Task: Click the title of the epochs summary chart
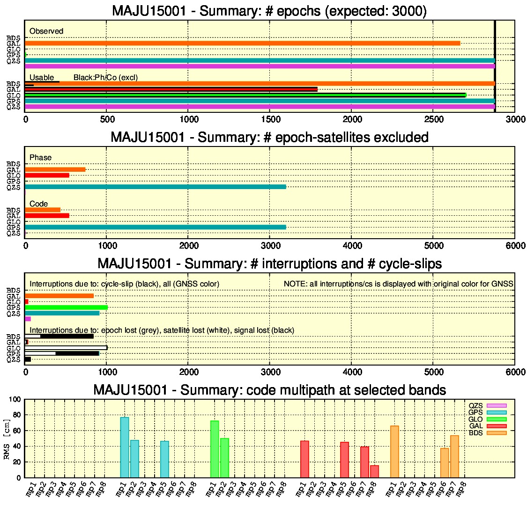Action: [x=269, y=11]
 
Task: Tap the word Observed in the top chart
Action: [x=46, y=31]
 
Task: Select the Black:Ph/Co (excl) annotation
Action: [x=105, y=78]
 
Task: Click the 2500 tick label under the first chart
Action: [x=434, y=119]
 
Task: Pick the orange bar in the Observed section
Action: [x=242, y=44]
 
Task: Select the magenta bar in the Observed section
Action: [x=260, y=66]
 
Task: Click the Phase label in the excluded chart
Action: [x=40, y=157]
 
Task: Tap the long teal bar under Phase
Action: [x=155, y=187]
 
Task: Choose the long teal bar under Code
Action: [x=155, y=227]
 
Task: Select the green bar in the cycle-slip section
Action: [x=66, y=307]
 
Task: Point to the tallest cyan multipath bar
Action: [x=125, y=447]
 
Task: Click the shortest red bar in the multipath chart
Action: [x=374, y=471]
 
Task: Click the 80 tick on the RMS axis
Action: [x=17, y=415]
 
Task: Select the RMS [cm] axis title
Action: [x=7, y=439]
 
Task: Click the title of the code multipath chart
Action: [x=269, y=390]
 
